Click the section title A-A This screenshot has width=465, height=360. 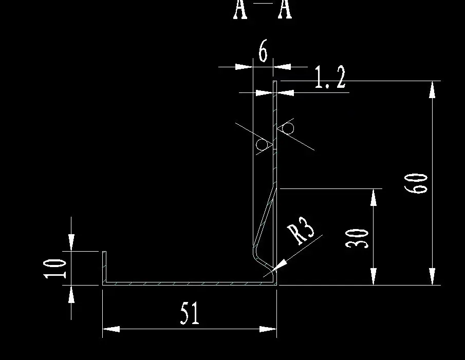coord(263,9)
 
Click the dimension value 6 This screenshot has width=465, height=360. coord(263,51)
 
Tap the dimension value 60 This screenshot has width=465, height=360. coord(416,183)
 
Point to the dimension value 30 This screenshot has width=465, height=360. coord(358,238)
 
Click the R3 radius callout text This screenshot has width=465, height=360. coord(302,230)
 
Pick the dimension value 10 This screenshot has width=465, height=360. coord(55,268)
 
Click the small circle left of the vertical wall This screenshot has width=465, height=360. coord(262,145)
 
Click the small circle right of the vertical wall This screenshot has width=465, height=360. coord(288,128)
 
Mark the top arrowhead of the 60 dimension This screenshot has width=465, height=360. coord(432,89)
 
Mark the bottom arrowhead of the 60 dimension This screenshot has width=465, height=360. coord(432,276)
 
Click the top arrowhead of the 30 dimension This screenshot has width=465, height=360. coord(374,198)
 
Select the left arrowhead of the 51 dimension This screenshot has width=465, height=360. coord(111,329)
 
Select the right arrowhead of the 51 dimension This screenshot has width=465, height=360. coord(268,329)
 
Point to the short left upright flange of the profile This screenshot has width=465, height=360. coord(104,267)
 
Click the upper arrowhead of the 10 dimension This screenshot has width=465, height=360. coord(71,242)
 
